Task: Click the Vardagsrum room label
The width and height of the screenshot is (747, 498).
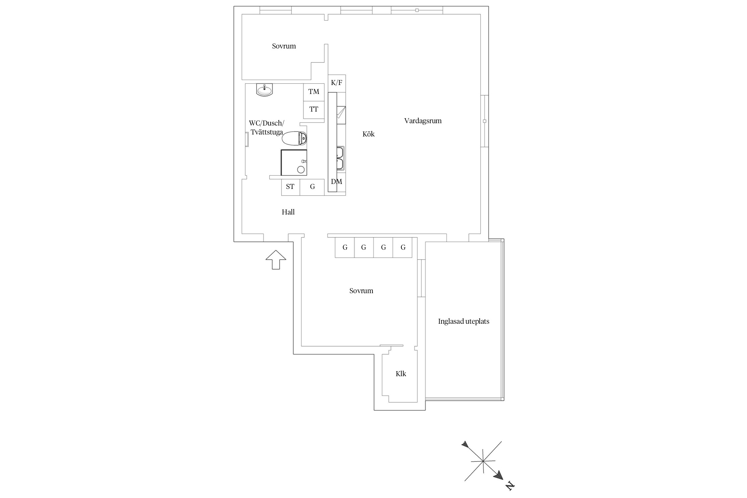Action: coord(423,121)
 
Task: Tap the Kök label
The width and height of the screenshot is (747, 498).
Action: coord(369,134)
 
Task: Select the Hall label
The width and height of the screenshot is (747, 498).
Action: coord(288,212)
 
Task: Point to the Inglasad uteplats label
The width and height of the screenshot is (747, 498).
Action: coord(463,321)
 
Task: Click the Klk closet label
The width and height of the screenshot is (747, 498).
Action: coord(401,373)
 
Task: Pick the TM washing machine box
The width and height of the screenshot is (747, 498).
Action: coord(314,92)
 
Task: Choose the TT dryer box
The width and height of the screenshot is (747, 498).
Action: coord(314,110)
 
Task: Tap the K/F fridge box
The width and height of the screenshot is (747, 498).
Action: coord(337,83)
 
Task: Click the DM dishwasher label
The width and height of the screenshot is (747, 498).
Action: coord(337,182)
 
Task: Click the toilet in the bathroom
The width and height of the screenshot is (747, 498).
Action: coord(294,138)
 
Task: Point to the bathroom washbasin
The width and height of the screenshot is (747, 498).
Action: coord(265,90)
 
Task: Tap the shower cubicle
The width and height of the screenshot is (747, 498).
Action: coord(294,163)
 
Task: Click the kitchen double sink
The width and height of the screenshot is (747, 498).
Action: coord(340,158)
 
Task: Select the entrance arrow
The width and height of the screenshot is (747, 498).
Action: coord(276,260)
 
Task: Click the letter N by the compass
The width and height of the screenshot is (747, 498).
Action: coord(510,486)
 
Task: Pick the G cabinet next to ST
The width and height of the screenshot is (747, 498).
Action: coord(312,187)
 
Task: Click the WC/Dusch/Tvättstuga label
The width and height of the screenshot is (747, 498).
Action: coord(267,127)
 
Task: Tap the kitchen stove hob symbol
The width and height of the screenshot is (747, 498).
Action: coord(341,115)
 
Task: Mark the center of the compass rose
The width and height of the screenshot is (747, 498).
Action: coord(483,461)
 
